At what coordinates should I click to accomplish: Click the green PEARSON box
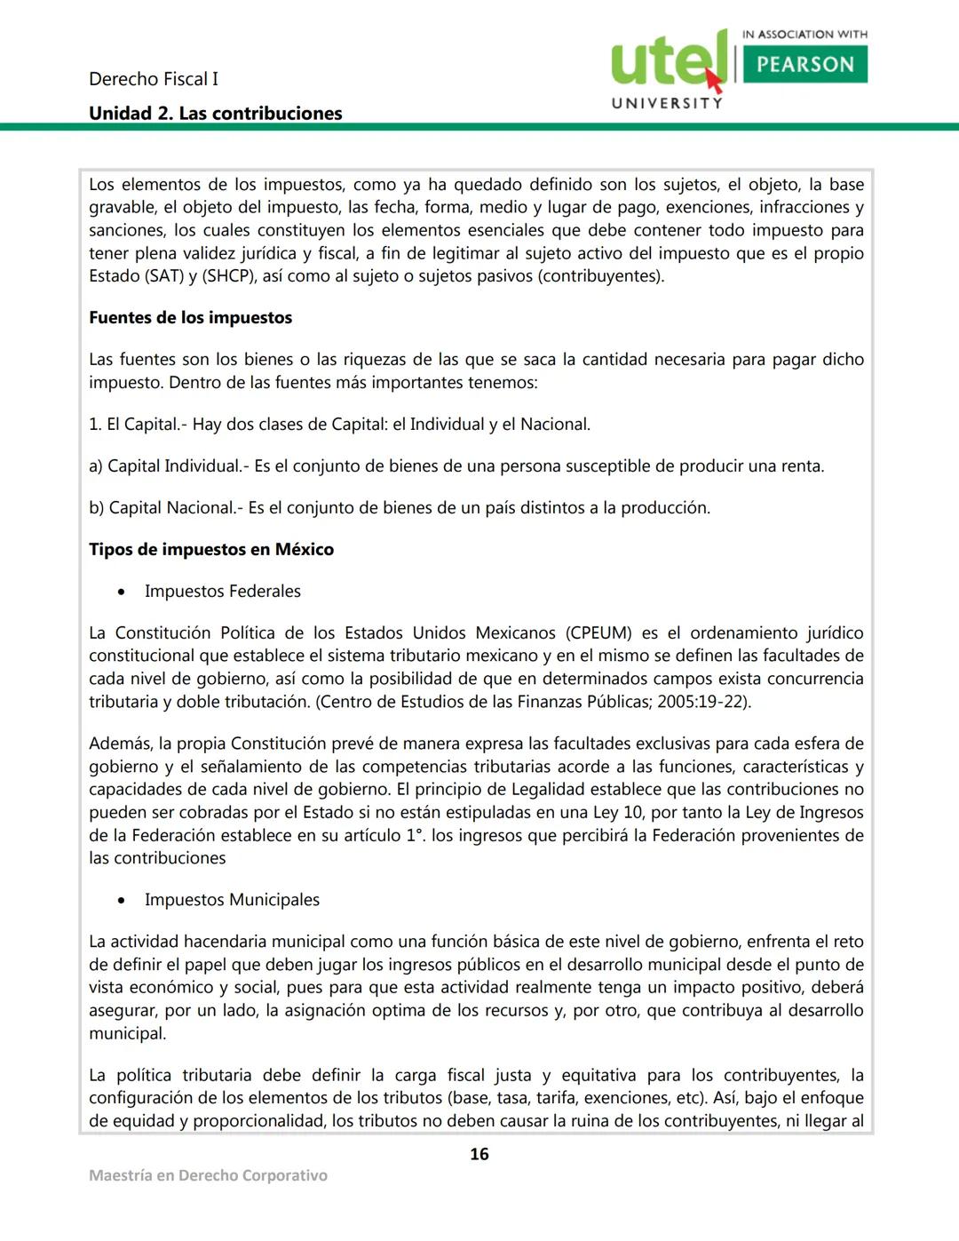pyautogui.click(x=804, y=64)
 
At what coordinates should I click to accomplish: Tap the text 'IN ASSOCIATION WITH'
pyautogui.click(x=804, y=35)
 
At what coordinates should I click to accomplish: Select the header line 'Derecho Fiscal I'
pyautogui.click(x=154, y=79)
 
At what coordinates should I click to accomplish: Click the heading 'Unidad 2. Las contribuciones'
pyautogui.click(x=215, y=114)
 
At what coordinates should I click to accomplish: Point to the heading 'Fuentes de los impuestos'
pyautogui.click(x=190, y=318)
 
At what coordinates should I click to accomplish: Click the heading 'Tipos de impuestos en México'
pyautogui.click(x=211, y=550)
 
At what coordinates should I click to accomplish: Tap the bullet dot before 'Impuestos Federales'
pyautogui.click(x=122, y=593)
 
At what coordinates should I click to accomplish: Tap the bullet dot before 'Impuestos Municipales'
pyautogui.click(x=122, y=901)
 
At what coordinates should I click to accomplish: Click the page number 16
pyautogui.click(x=479, y=1154)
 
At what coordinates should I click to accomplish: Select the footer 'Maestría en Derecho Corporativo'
pyautogui.click(x=208, y=1175)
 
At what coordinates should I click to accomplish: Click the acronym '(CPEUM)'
pyautogui.click(x=598, y=633)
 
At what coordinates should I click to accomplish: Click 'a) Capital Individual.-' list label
pyautogui.click(x=169, y=466)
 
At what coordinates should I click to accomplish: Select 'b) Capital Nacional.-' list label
pyautogui.click(x=165, y=508)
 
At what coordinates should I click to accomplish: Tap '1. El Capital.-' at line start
pyautogui.click(x=138, y=425)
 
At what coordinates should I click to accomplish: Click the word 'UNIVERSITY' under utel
pyautogui.click(x=667, y=103)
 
